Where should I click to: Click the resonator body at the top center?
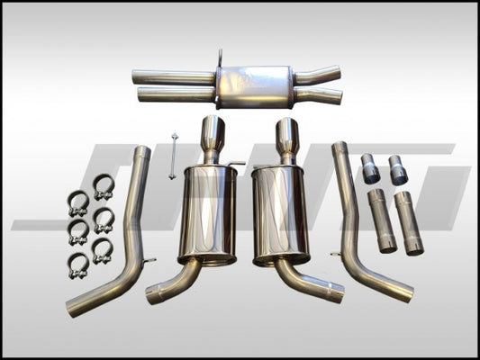point(256,85)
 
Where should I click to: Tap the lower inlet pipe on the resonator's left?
point(177,94)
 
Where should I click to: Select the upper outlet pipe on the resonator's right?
point(319,75)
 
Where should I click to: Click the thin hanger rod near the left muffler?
point(171,156)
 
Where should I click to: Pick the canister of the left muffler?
point(209,212)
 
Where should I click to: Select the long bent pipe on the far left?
point(122,234)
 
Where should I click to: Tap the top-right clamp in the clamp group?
point(104,190)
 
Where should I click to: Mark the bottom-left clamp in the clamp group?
point(79,263)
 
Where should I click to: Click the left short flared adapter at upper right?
point(370,170)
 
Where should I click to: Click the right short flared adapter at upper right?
point(397,169)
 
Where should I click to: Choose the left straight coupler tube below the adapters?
point(380,221)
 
